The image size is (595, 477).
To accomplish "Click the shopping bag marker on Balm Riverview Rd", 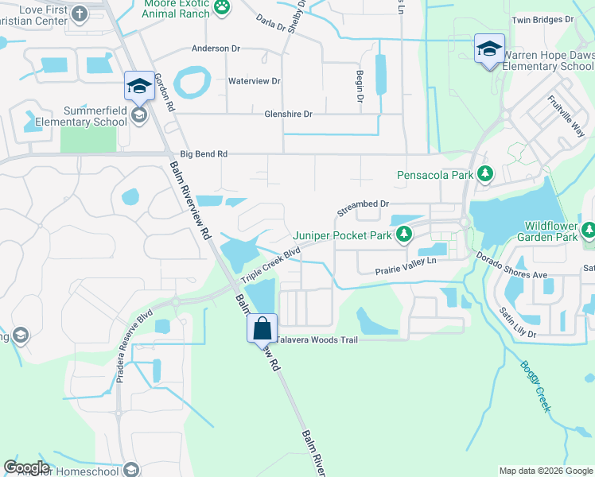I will coord(262,328).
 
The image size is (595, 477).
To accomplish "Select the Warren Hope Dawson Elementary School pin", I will coord(489,48).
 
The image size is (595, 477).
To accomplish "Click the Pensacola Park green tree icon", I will coord(484,174).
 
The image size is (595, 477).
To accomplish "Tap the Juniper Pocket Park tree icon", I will coord(404,235).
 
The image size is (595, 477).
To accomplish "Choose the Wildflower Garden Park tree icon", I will coord(588,231).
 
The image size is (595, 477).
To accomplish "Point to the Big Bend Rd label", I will coord(204,153).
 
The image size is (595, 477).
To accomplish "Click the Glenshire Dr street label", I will coord(288,114).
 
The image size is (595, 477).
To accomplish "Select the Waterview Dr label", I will coord(255,81).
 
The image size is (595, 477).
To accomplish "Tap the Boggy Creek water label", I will coord(535,386).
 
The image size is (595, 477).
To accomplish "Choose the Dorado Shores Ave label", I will coord(512,266).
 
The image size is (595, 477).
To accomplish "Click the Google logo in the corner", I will coord(26,467).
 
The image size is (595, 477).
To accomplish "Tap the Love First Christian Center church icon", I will coord(80,14).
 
